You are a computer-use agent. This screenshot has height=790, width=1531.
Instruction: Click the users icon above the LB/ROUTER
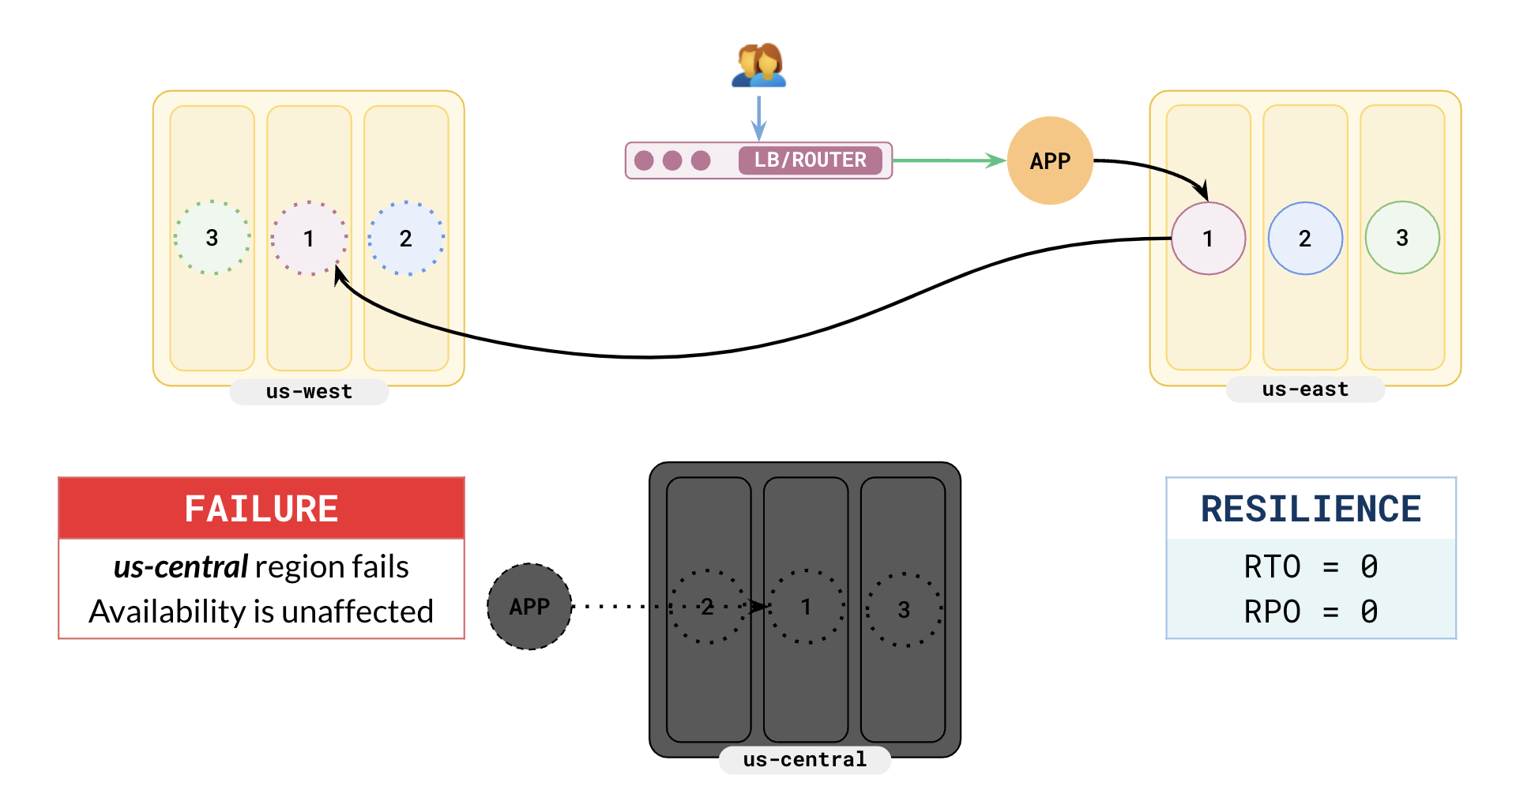[758, 65]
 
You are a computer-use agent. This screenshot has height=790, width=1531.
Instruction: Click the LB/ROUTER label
[810, 160]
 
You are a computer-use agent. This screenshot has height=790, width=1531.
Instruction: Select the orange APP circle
[1050, 161]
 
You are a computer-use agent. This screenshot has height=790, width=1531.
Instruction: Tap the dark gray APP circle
[529, 607]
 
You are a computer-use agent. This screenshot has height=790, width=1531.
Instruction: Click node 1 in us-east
[1208, 239]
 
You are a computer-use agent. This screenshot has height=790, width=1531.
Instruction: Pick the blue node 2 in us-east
[1305, 239]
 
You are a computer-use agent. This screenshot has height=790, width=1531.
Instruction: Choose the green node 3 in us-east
[1402, 238]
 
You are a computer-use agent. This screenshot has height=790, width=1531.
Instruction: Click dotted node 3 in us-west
[212, 238]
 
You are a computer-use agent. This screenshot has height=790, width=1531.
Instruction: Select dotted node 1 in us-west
[309, 238]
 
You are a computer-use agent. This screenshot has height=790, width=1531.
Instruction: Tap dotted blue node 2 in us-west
[406, 238]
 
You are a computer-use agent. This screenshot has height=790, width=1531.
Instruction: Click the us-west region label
[309, 392]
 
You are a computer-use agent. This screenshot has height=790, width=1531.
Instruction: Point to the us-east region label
[1305, 389]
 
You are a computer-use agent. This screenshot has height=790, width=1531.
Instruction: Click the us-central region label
[804, 760]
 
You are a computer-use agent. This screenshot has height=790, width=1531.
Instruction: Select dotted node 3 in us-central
[904, 610]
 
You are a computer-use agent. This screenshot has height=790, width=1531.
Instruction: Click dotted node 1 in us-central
[807, 607]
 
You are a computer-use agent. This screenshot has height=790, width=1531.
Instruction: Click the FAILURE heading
[261, 509]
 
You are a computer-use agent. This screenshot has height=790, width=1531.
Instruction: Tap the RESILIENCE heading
[1311, 509]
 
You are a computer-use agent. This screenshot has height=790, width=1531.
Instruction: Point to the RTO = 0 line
[1311, 567]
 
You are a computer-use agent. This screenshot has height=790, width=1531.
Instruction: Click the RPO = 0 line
[1311, 612]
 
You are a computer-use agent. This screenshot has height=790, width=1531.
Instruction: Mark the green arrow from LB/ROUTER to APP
[948, 160]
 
